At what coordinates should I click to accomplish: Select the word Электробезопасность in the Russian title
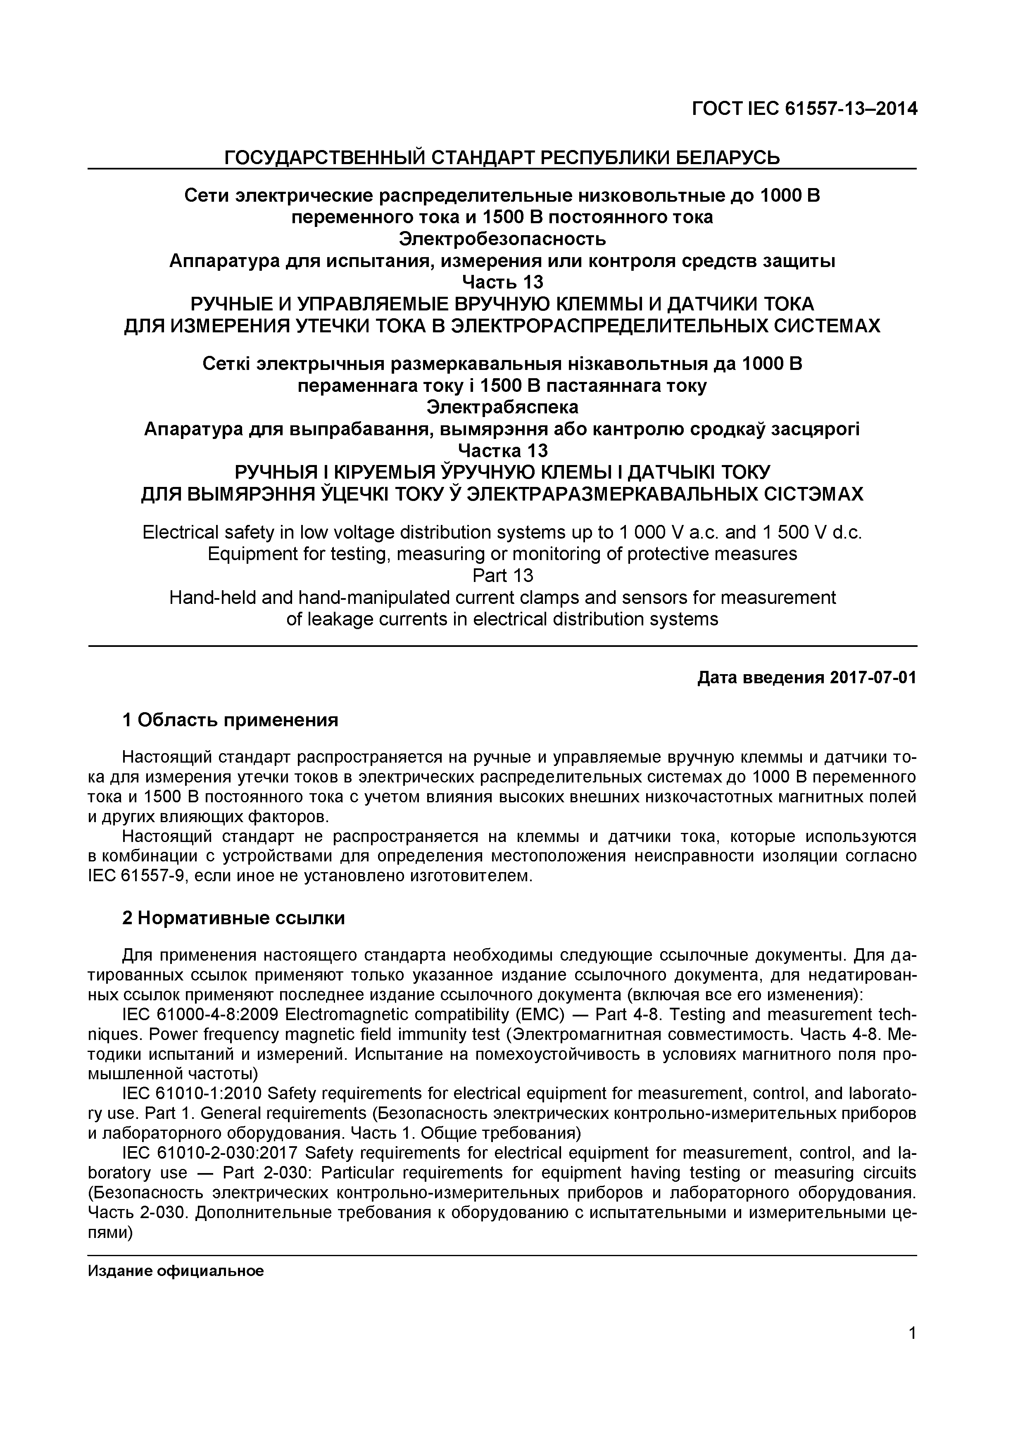pos(502,239)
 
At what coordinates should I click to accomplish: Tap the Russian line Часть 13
pos(502,281)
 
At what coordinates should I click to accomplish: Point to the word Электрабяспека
pos(502,407)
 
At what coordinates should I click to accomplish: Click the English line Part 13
pos(502,576)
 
